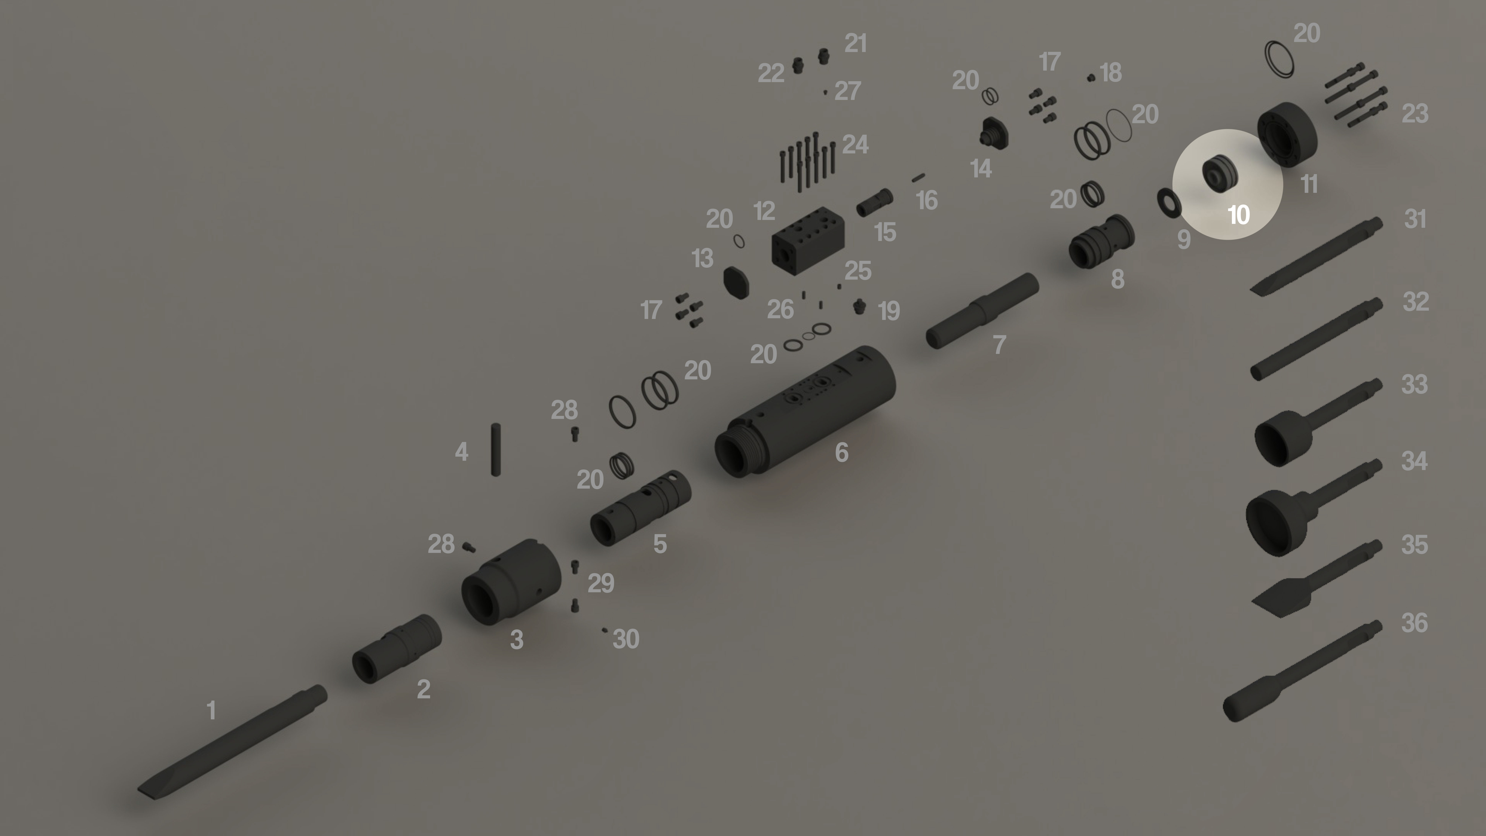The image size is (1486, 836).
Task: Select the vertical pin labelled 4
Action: click(x=496, y=449)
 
